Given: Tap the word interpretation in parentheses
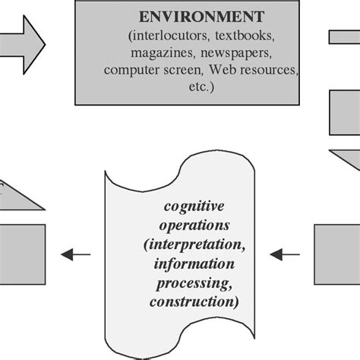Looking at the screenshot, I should coord(190,245).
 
